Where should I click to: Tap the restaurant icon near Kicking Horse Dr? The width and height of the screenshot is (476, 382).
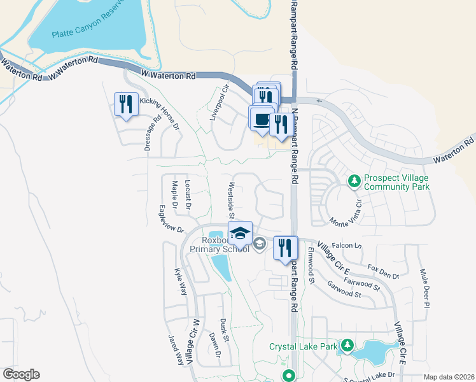click(126, 104)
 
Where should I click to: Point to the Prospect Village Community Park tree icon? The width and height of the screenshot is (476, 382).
click(354, 182)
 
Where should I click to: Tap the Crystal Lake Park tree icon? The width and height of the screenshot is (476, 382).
click(347, 346)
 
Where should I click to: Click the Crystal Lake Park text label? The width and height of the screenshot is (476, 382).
click(302, 347)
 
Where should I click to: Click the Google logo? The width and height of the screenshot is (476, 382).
click(21, 374)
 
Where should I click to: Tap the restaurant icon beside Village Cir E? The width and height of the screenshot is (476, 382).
click(285, 248)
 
